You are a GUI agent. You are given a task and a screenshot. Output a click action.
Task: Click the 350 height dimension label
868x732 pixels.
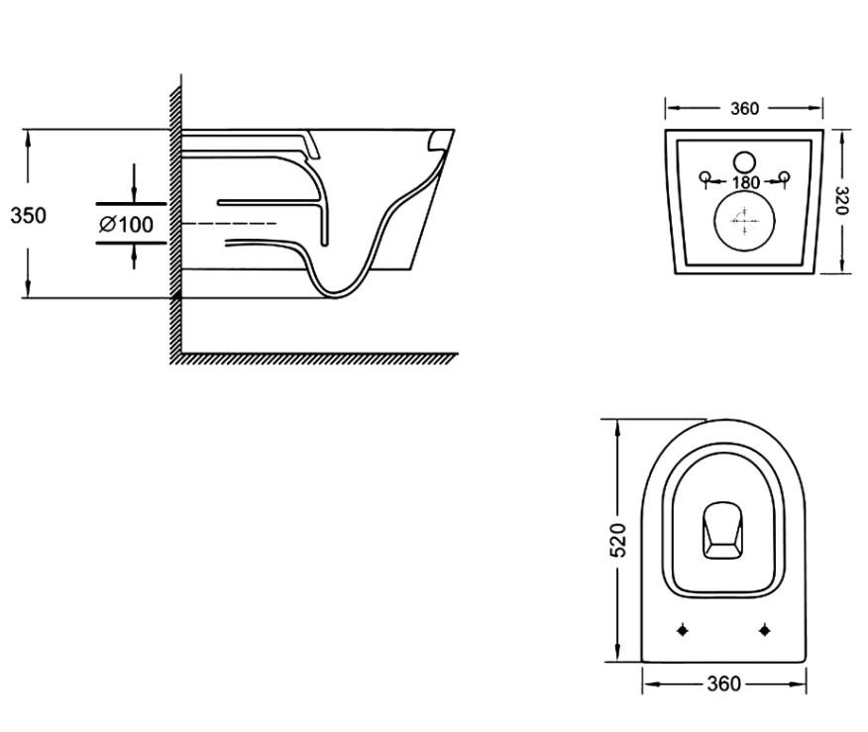click(28, 214)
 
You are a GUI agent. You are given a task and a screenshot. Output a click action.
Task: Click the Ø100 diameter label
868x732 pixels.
click(127, 225)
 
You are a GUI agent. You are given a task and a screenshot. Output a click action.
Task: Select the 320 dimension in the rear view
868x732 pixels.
click(841, 200)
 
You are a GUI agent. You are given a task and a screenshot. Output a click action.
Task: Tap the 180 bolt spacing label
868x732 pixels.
click(745, 182)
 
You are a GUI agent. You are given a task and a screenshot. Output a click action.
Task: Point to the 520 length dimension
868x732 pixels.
click(618, 541)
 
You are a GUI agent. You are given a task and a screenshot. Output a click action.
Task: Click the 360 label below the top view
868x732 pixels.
click(724, 683)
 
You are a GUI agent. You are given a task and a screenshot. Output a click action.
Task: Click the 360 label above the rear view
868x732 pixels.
click(745, 109)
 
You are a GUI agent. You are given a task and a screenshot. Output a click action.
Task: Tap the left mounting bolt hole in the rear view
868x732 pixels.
click(705, 178)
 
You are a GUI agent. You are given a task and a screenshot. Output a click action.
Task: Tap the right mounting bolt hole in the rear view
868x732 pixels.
click(786, 178)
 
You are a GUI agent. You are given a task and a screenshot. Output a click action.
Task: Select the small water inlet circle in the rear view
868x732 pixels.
click(744, 161)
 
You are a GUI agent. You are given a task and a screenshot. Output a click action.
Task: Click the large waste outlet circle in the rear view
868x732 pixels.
click(743, 220)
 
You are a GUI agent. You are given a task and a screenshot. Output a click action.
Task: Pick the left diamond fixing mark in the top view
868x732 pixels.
click(683, 630)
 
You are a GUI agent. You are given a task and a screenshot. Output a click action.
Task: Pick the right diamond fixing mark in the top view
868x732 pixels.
click(765, 630)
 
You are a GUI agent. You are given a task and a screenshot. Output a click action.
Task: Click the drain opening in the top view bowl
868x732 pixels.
click(723, 531)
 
